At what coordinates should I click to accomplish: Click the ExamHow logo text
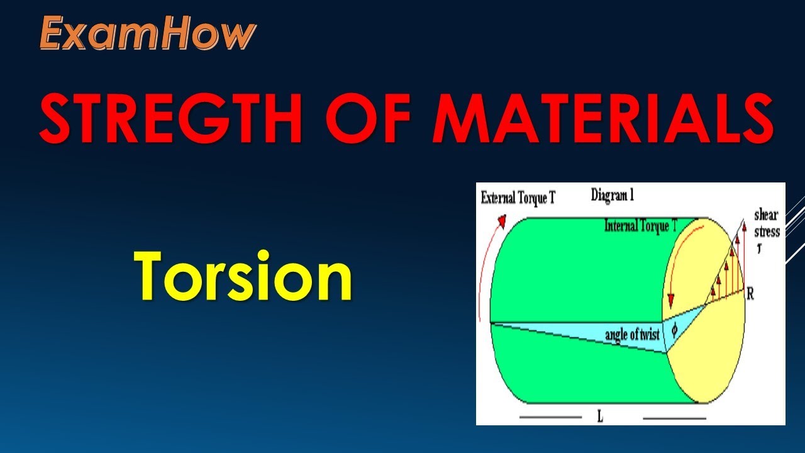[148, 33]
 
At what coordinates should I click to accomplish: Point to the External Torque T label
[518, 198]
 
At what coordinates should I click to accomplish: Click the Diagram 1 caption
[612, 195]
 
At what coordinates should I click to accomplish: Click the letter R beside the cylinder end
[750, 294]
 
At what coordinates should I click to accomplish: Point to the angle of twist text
[631, 333]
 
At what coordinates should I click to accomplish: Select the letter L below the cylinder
[600, 417]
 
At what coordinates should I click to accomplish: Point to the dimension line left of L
[550, 417]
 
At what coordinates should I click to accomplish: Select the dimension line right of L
[674, 417]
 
